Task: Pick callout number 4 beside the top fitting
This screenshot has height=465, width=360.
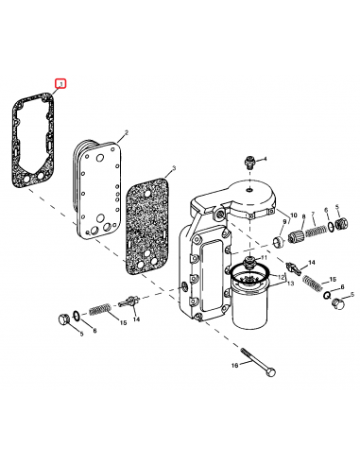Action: [x=266, y=158]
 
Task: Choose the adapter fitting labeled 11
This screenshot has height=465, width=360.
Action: [x=250, y=260]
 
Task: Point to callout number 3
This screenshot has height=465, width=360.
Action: [x=173, y=169]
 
